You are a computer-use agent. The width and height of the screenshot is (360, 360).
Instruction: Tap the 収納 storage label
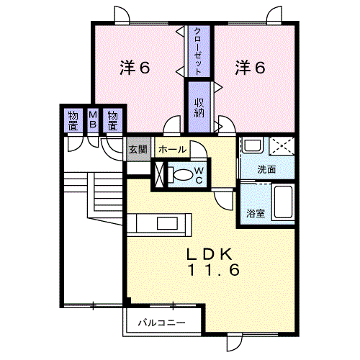(199, 108)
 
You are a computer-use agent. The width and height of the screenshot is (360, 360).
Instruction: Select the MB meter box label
(93, 120)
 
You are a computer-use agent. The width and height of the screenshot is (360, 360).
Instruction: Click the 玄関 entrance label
(138, 149)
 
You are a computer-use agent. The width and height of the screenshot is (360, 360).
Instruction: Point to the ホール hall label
(172, 150)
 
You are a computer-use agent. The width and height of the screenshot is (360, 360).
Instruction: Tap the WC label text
(199, 176)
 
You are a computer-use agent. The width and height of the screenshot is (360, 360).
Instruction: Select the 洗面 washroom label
(266, 169)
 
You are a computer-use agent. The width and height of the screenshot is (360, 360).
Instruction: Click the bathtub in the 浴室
(283, 202)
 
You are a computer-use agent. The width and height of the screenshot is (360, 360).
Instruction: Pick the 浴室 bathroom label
(256, 213)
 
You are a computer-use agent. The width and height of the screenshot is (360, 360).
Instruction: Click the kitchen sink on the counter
(167, 223)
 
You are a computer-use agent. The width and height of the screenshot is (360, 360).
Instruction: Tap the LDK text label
(210, 254)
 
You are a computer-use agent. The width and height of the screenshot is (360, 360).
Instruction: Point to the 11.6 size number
(214, 270)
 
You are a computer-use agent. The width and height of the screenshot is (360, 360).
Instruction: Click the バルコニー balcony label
(162, 323)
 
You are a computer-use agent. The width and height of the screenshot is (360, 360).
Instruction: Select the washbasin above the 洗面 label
(252, 145)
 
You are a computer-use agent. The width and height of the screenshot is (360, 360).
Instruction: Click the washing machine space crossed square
(282, 146)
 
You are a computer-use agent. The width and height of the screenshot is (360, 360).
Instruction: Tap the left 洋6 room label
(135, 68)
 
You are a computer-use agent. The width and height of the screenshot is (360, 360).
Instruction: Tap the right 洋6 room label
(250, 68)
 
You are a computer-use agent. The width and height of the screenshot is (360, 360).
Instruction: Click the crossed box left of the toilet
(159, 174)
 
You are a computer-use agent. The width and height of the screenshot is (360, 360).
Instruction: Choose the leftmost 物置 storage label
(73, 121)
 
